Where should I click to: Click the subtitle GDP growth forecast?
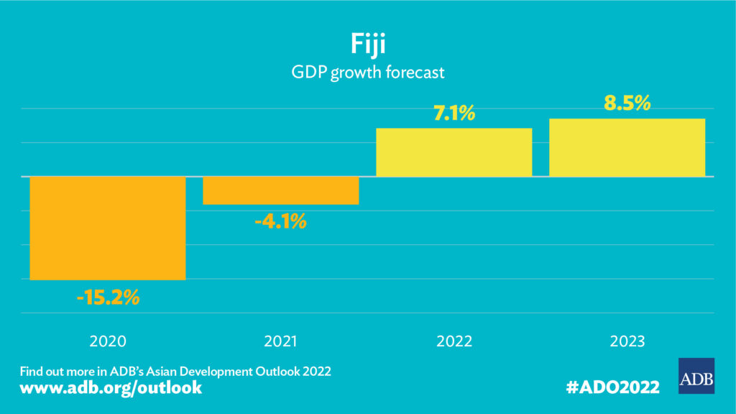point(367,73)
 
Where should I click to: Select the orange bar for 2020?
point(107,228)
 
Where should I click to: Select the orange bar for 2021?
point(280,190)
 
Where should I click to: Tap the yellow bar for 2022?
point(454,152)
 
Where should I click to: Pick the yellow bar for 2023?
point(627,147)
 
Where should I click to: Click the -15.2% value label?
point(107,297)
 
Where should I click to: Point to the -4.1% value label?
point(280,221)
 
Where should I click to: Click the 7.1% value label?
point(454,113)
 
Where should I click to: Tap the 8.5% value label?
point(627,103)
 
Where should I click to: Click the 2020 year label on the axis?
point(107,341)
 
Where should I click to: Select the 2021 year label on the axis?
point(280,341)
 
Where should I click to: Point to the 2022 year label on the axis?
point(454,341)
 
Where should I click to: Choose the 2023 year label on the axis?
point(627,341)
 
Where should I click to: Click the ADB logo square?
point(696,376)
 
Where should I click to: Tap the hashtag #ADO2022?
point(612,387)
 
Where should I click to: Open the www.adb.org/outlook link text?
point(111,388)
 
